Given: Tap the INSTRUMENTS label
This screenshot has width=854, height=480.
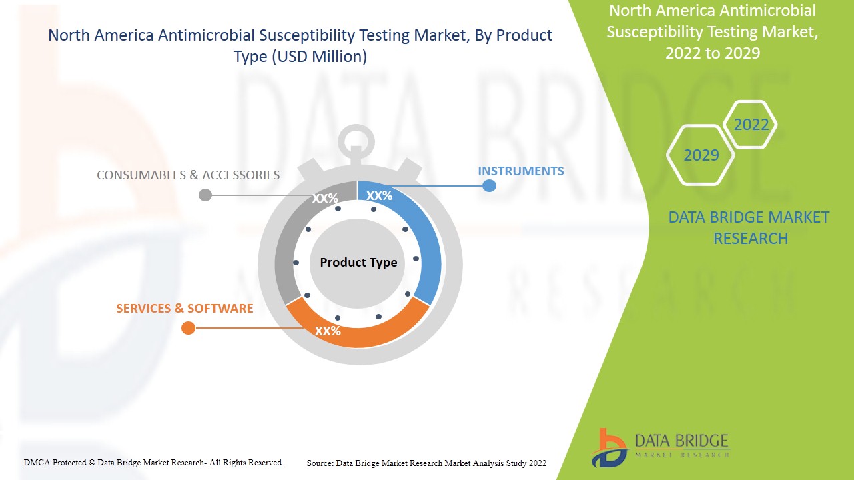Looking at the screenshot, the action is click(x=521, y=171).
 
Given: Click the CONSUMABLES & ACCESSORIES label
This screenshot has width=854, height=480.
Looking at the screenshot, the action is click(x=188, y=175).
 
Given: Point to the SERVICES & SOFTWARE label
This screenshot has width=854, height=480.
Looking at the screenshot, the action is click(x=185, y=308).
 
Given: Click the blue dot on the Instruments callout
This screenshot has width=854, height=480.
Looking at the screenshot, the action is click(x=489, y=186).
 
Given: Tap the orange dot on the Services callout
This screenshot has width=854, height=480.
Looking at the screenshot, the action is click(x=188, y=327).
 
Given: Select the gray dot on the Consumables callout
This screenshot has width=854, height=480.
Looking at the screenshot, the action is click(x=205, y=195).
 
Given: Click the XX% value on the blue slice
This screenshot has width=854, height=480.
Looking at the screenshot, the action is click(x=379, y=196).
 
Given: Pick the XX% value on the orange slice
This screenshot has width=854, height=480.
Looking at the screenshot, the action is click(x=328, y=331).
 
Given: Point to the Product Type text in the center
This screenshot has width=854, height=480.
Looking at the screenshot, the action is click(x=358, y=263).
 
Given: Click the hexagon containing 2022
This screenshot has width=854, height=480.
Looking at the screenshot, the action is click(x=750, y=125).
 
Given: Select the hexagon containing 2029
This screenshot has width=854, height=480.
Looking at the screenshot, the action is click(x=701, y=155).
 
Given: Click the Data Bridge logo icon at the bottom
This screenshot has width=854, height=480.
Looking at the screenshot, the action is click(x=609, y=449).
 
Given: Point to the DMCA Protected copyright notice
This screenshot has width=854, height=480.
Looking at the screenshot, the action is click(x=153, y=463).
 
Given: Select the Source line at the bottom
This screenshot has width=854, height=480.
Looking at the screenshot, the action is click(x=426, y=463).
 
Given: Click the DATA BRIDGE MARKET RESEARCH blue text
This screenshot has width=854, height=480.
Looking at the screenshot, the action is click(x=749, y=228).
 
